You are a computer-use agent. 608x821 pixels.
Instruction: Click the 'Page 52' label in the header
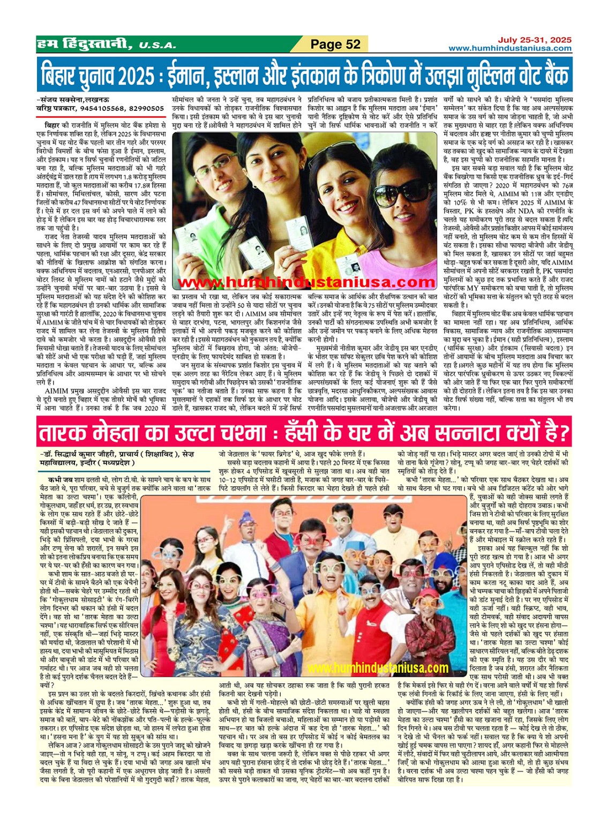point(336,44)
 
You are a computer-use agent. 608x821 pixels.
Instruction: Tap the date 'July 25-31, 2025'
point(534,40)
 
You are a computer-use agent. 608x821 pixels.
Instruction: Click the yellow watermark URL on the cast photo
point(378,668)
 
